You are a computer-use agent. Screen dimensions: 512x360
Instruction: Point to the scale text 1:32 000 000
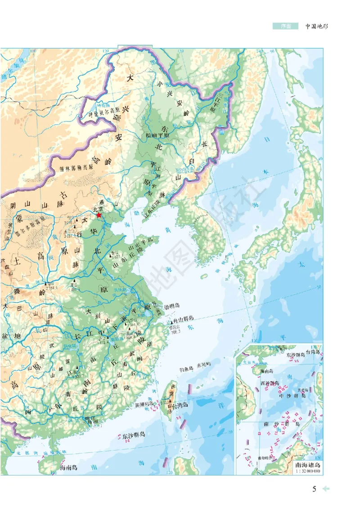pos(307,471)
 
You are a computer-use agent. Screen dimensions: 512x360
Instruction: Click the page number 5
pos(314,489)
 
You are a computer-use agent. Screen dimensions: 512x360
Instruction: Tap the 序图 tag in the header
pos(285,26)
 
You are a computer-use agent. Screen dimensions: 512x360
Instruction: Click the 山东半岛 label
pos(141,240)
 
